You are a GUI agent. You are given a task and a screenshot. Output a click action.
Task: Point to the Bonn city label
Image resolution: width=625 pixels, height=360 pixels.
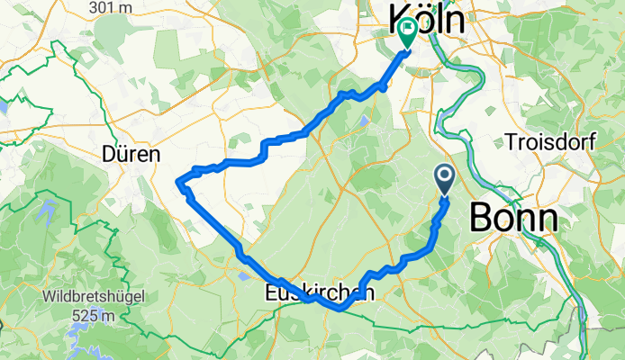click(513, 217)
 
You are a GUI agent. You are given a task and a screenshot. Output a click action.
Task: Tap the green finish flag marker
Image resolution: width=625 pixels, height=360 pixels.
click(406, 33)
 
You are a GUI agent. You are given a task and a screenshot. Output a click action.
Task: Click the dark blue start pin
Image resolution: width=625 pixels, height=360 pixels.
click(445, 177)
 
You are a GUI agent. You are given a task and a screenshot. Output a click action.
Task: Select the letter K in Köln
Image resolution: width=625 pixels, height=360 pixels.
click(399, 19)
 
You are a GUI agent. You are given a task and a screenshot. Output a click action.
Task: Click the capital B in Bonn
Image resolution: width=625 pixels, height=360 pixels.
click(481, 217)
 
